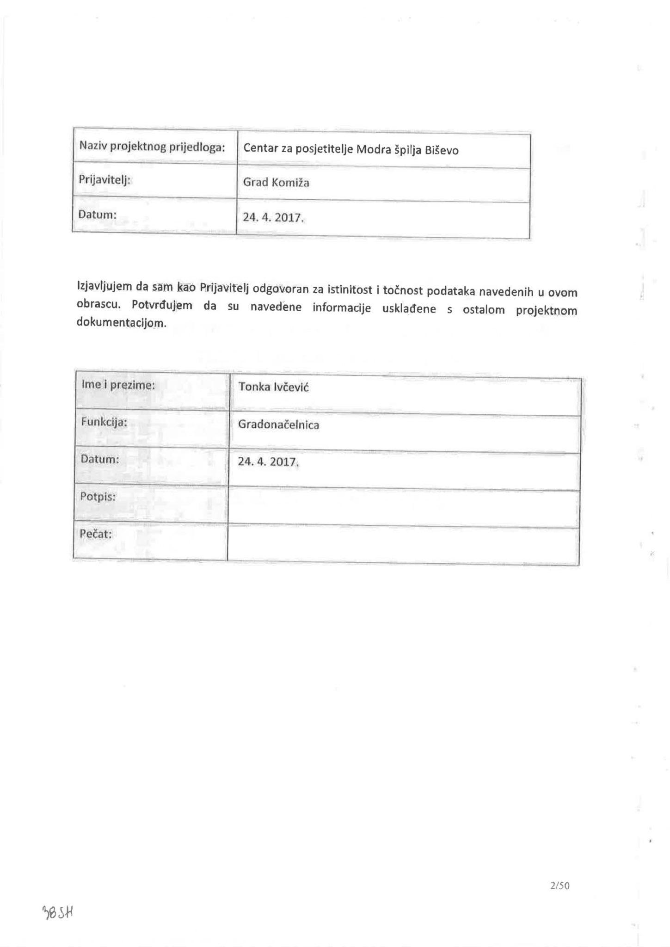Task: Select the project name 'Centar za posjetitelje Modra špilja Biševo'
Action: (350, 149)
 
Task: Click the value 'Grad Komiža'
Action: (276, 182)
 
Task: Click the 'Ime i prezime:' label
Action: (118, 385)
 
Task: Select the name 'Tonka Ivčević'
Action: (273, 387)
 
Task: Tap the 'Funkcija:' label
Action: (104, 422)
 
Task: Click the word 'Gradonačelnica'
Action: (278, 424)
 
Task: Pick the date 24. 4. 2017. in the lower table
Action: (268, 461)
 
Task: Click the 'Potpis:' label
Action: (98, 497)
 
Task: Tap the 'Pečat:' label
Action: (96, 534)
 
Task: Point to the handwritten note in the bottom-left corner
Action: (58, 912)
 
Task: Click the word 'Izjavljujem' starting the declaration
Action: (105, 287)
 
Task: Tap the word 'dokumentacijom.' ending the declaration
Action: (121, 323)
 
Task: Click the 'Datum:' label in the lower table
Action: (99, 459)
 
